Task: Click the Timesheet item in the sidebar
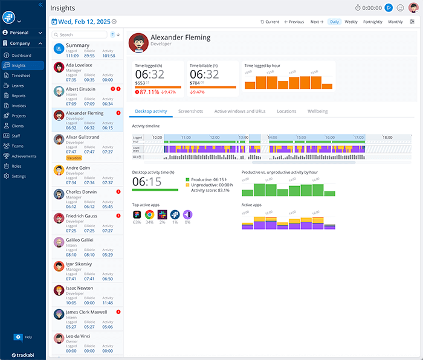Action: click(x=21, y=76)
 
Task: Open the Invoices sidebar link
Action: click(x=19, y=106)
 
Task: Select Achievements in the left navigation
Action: click(x=24, y=156)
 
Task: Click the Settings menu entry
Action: click(x=19, y=176)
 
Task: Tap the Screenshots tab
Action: click(x=190, y=111)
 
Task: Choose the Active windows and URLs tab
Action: click(x=240, y=111)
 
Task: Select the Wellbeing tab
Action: click(x=317, y=111)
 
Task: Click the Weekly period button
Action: click(x=350, y=22)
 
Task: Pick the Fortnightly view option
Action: click(x=372, y=22)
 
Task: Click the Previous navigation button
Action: click(x=294, y=22)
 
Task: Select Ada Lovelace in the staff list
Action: click(x=79, y=65)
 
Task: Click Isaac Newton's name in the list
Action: click(x=79, y=288)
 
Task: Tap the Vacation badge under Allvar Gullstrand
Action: click(x=74, y=158)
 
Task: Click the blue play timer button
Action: click(x=389, y=8)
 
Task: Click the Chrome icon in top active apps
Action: click(x=149, y=214)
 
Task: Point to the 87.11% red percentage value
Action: click(x=149, y=92)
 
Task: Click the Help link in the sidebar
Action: click(x=28, y=336)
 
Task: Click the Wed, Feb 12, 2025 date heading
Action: click(x=85, y=22)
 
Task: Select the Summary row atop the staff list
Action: click(x=77, y=45)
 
